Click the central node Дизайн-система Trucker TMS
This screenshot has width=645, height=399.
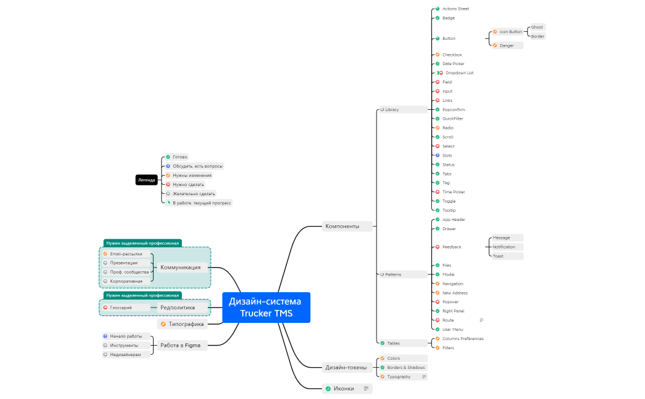point(266,307)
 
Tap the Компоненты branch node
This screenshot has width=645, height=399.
point(348,226)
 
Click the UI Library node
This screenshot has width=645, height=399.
point(402,109)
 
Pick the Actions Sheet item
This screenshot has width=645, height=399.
point(455,9)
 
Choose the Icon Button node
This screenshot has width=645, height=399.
point(510,32)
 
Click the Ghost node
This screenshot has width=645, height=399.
point(537,27)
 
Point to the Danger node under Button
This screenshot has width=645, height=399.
point(506,45)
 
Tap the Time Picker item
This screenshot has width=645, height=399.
point(453,192)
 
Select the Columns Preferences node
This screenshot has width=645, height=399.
point(462,339)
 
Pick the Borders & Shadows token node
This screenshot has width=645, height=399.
point(405,368)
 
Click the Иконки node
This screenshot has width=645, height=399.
point(343,389)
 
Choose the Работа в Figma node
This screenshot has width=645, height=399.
point(180,345)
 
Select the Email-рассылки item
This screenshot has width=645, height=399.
point(125,254)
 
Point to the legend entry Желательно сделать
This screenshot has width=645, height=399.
point(193,193)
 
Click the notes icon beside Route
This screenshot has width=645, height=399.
point(482,320)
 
